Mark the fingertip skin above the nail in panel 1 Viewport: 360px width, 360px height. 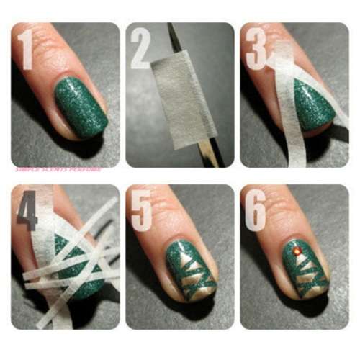coord(61,54)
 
